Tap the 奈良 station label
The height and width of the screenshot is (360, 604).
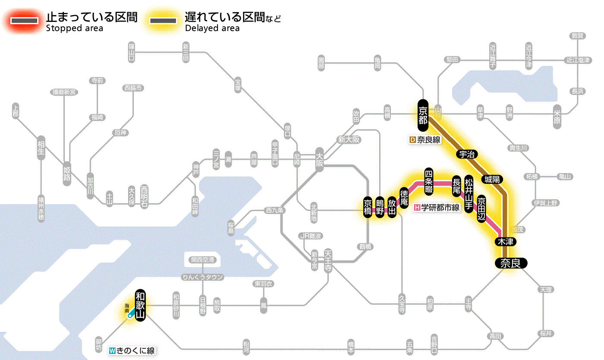[x=510, y=263]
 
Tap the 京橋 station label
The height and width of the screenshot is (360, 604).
[x=368, y=208]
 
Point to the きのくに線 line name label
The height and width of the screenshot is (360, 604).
[x=132, y=351]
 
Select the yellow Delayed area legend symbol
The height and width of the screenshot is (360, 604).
[x=163, y=21]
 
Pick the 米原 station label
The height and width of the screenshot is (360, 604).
[x=557, y=116]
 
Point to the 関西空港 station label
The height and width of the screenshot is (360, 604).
[x=203, y=260]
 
